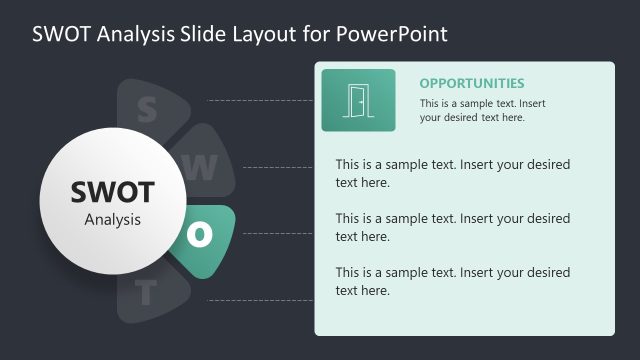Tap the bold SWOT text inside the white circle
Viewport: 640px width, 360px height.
[x=112, y=191]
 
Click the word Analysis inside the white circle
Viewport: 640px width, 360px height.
[x=112, y=219]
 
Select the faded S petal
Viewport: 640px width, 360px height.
[x=147, y=109]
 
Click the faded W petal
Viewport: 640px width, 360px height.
[x=201, y=168]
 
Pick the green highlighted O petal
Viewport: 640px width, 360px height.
[x=203, y=235]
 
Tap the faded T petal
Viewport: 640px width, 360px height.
[x=147, y=293]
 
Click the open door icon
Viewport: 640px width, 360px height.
[x=357, y=100]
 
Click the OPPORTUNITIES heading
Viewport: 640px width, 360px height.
[x=471, y=84]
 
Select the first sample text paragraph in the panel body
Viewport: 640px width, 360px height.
[x=452, y=173]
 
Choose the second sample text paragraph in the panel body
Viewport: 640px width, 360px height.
[x=452, y=227]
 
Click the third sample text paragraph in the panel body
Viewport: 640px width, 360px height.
[x=452, y=281]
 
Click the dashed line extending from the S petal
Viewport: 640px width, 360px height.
[x=260, y=101]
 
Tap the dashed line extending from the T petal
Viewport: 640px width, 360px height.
[x=260, y=299]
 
